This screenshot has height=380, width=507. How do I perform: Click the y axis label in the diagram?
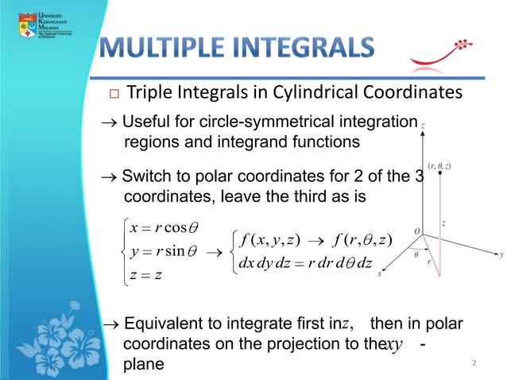coord(501,255)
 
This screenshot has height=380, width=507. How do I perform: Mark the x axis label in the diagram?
coord(379,273)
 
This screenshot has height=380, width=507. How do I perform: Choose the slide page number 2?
coord(474,363)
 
